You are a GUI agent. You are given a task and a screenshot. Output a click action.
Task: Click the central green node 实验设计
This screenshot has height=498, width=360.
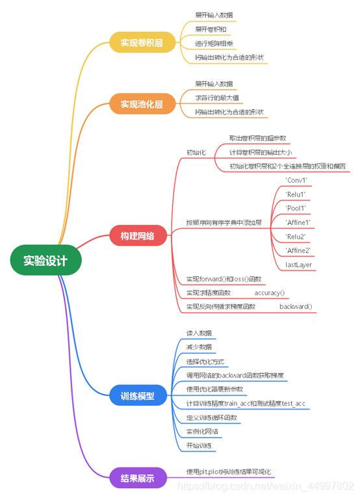(45, 261)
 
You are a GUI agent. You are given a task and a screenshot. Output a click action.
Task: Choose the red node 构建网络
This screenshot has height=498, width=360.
(137, 235)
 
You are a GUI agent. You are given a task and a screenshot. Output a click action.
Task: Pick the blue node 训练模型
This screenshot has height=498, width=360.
(137, 395)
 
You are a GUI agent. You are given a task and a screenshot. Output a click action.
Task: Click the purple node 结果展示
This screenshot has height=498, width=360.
(137, 478)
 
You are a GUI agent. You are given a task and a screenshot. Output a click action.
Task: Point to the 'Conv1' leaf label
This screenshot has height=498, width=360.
(296, 180)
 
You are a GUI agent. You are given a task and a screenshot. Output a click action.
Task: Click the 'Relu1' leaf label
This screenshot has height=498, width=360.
(296, 194)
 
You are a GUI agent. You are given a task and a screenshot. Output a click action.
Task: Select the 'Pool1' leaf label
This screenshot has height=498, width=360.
(296, 208)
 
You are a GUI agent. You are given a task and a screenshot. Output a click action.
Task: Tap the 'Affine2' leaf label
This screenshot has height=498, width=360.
(298, 250)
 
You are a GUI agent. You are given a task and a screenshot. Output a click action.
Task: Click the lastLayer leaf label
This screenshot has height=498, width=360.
(298, 265)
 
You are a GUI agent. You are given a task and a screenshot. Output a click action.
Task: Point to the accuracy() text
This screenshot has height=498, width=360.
(270, 293)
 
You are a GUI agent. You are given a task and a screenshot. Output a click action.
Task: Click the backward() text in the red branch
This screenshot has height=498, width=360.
(296, 306)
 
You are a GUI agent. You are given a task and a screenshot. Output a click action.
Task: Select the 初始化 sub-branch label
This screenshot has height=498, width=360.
(196, 152)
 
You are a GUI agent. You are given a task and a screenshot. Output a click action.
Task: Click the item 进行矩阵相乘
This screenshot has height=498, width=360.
(214, 44)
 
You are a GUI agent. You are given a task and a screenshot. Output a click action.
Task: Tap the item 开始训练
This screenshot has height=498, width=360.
(199, 445)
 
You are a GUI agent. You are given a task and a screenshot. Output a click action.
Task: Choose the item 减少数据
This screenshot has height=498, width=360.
(199, 347)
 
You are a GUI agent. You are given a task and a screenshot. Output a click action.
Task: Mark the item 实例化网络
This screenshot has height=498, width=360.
(202, 431)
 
